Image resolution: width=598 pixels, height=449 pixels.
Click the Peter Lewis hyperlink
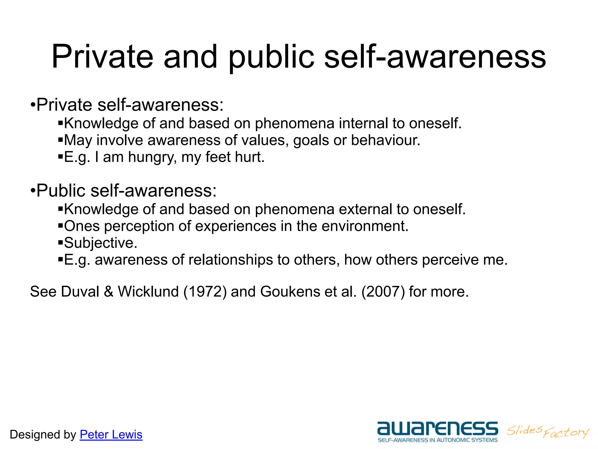coord(111,435)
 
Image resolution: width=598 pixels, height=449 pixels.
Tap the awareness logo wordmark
coord(437,429)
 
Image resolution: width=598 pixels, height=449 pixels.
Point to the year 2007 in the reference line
coord(383,292)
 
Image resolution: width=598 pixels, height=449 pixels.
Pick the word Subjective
coord(100,243)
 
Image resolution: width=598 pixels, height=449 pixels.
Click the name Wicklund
coord(148,292)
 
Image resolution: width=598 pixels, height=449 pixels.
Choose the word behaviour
coord(385,140)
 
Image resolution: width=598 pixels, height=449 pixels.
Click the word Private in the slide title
coord(102,57)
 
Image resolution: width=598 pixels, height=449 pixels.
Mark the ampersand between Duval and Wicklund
coord(109,292)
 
